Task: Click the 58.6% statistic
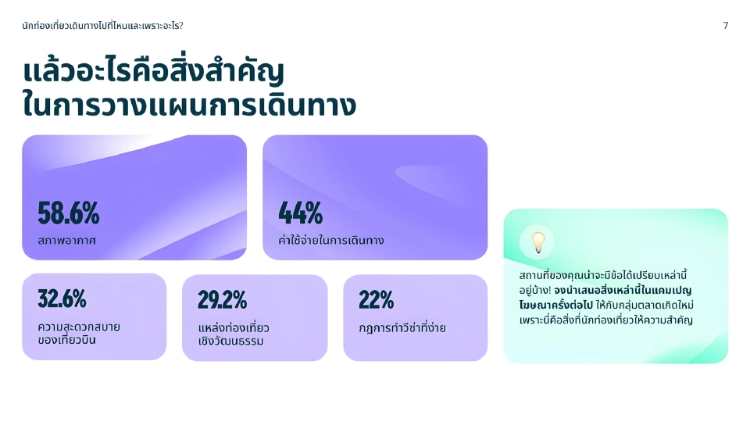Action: click(x=69, y=213)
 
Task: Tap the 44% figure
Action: click(x=301, y=213)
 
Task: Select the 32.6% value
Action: click(x=62, y=299)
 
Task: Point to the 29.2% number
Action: click(x=222, y=299)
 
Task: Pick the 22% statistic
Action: click(x=376, y=299)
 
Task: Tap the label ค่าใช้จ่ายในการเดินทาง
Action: click(x=331, y=241)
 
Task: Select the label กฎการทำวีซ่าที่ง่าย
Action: click(x=402, y=327)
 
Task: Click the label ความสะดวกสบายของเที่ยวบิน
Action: click(x=78, y=333)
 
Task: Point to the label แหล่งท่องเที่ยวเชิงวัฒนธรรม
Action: click(x=234, y=334)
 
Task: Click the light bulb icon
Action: click(x=537, y=242)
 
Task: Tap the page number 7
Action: click(x=726, y=26)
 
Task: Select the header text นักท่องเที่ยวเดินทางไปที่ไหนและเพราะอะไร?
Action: click(x=103, y=26)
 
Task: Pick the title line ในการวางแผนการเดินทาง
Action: click(x=189, y=105)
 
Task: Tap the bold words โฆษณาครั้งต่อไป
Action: click(x=557, y=305)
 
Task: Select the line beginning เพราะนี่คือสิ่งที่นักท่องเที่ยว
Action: click(x=605, y=320)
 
